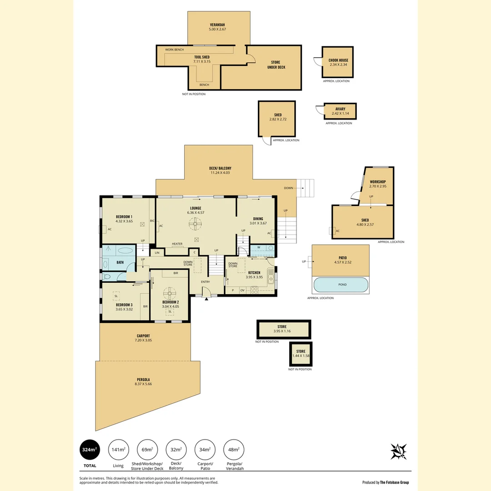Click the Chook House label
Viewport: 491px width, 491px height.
coord(338,60)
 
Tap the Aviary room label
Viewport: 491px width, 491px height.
coord(341,109)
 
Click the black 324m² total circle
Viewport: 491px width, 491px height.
coord(90,450)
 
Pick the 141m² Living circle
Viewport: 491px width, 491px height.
coord(118,450)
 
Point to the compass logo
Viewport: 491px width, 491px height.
coord(398,451)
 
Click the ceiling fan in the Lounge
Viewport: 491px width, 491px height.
coord(196,222)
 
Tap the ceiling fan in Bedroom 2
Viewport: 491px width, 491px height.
coord(170,292)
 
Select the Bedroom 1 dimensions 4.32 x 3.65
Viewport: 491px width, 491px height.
coord(124,221)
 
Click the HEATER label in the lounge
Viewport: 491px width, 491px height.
coord(177,244)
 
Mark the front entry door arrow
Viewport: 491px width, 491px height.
coord(206,298)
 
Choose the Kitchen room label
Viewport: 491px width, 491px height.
coord(254,272)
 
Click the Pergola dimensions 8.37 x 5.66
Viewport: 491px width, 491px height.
coord(143,384)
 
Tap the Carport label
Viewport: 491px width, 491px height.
coord(143,336)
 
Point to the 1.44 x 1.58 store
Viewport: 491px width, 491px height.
coord(301,354)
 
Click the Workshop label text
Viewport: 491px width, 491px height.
coord(378,182)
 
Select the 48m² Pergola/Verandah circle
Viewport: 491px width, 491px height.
coord(234,450)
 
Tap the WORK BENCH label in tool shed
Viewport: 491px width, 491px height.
coord(175,50)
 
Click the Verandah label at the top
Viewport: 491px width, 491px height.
coord(218,24)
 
